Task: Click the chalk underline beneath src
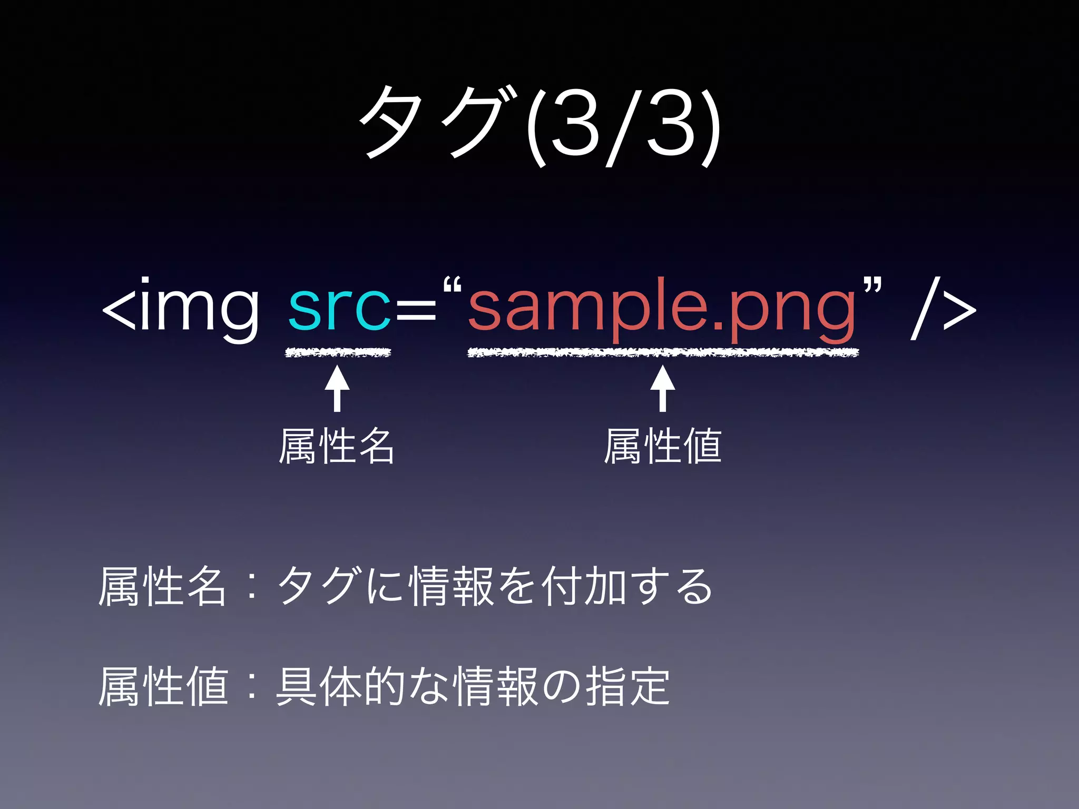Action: (338, 352)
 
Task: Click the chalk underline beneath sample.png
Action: (663, 352)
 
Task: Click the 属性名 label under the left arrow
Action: (337, 446)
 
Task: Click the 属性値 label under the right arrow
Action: (663, 446)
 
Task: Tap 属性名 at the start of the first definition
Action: (162, 586)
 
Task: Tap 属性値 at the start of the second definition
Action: (163, 686)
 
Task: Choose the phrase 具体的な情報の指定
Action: (473, 686)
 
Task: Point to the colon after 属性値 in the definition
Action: (252, 687)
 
